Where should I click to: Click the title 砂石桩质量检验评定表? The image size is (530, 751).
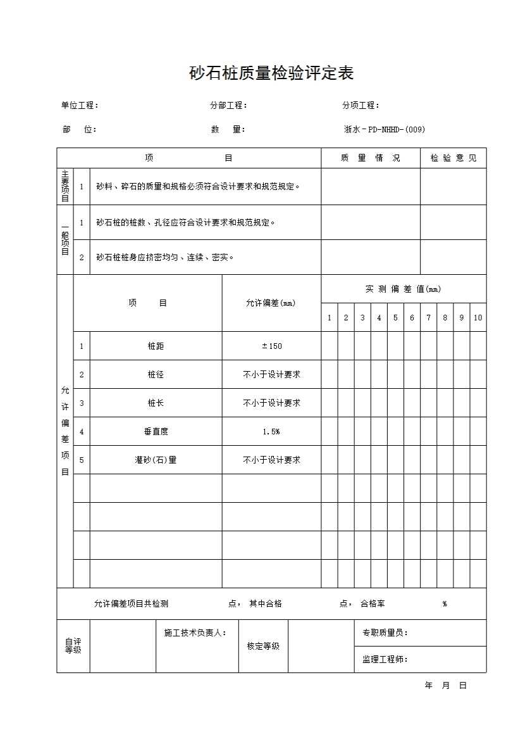271,73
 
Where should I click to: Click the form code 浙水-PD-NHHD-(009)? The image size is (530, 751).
384,130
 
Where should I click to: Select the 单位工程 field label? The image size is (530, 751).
80,106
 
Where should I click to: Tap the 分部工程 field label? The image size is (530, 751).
228,106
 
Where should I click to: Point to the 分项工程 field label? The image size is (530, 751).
361,106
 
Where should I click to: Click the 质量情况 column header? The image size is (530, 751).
371,158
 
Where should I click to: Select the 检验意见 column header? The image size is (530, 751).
453,158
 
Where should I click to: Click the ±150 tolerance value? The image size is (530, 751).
271,346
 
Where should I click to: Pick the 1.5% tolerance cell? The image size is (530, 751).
271,432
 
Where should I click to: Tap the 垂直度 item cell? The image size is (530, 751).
156,432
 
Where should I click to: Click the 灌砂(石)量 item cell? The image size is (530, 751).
156,460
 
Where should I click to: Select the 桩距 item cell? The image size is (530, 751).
156,346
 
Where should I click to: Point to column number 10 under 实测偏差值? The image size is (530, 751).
478,318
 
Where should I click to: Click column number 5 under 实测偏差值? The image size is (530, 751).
395,318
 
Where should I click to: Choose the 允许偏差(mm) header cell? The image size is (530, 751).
271,303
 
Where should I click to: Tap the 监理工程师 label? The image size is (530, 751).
385,659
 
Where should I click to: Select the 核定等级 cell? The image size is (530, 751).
263,646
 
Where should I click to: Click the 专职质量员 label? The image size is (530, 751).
385,633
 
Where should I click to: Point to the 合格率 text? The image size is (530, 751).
373,604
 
